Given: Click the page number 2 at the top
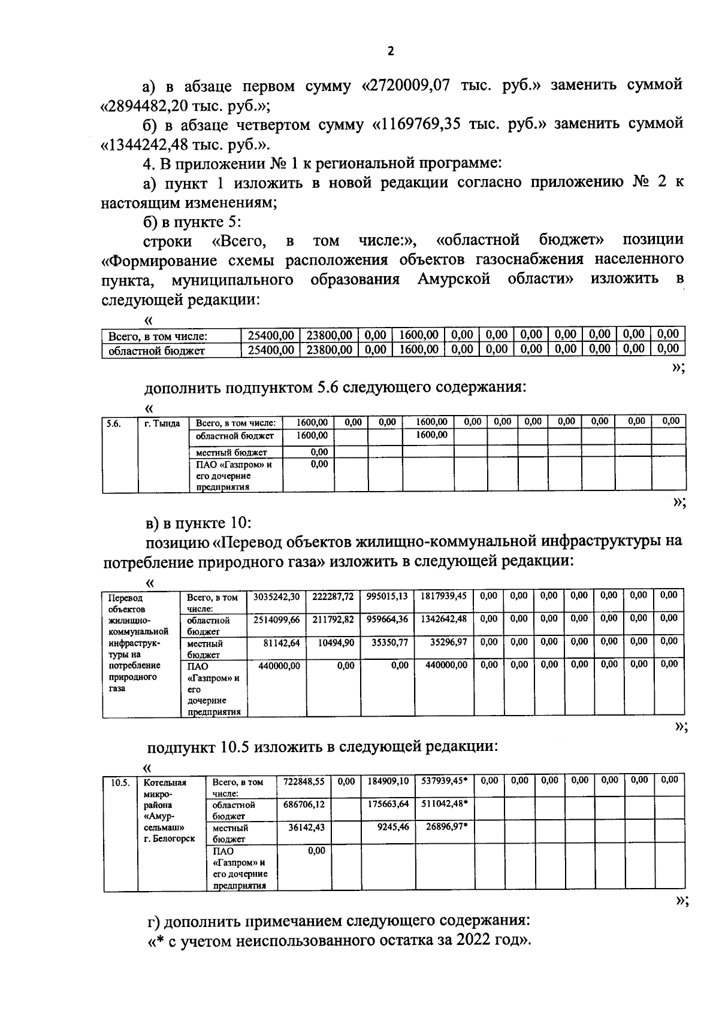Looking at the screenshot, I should (391, 51).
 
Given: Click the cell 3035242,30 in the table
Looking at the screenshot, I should (276, 596).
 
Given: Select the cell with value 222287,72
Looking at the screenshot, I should (333, 596).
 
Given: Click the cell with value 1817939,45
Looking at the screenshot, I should (443, 596).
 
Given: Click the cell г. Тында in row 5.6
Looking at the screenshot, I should (162, 423).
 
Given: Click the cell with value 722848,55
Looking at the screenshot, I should (304, 781).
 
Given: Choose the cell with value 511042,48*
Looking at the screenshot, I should (445, 804).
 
